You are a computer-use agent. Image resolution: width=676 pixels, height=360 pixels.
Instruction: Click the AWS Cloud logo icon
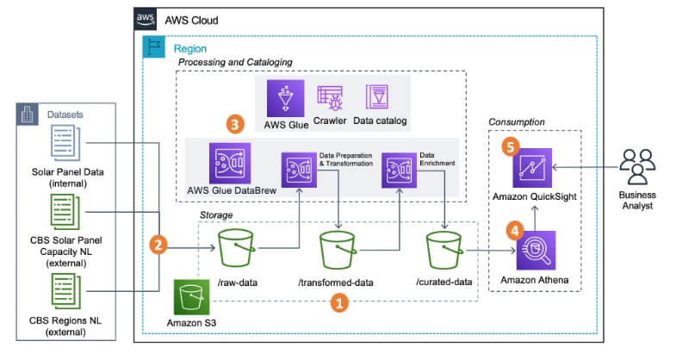tap(146, 18)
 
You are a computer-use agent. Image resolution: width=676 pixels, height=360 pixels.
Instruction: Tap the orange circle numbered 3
tap(235, 124)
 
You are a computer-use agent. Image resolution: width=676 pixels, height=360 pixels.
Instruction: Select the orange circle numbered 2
tap(157, 245)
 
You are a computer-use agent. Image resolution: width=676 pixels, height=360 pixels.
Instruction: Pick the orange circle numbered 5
tap(511, 148)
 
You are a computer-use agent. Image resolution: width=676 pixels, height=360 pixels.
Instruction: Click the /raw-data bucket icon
tap(235, 251)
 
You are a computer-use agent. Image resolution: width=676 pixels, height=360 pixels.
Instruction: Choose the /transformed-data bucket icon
tap(338, 251)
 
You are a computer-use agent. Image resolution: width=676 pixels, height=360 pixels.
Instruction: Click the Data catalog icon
tap(377, 97)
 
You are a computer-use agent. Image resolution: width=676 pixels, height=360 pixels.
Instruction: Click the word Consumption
tap(517, 122)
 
